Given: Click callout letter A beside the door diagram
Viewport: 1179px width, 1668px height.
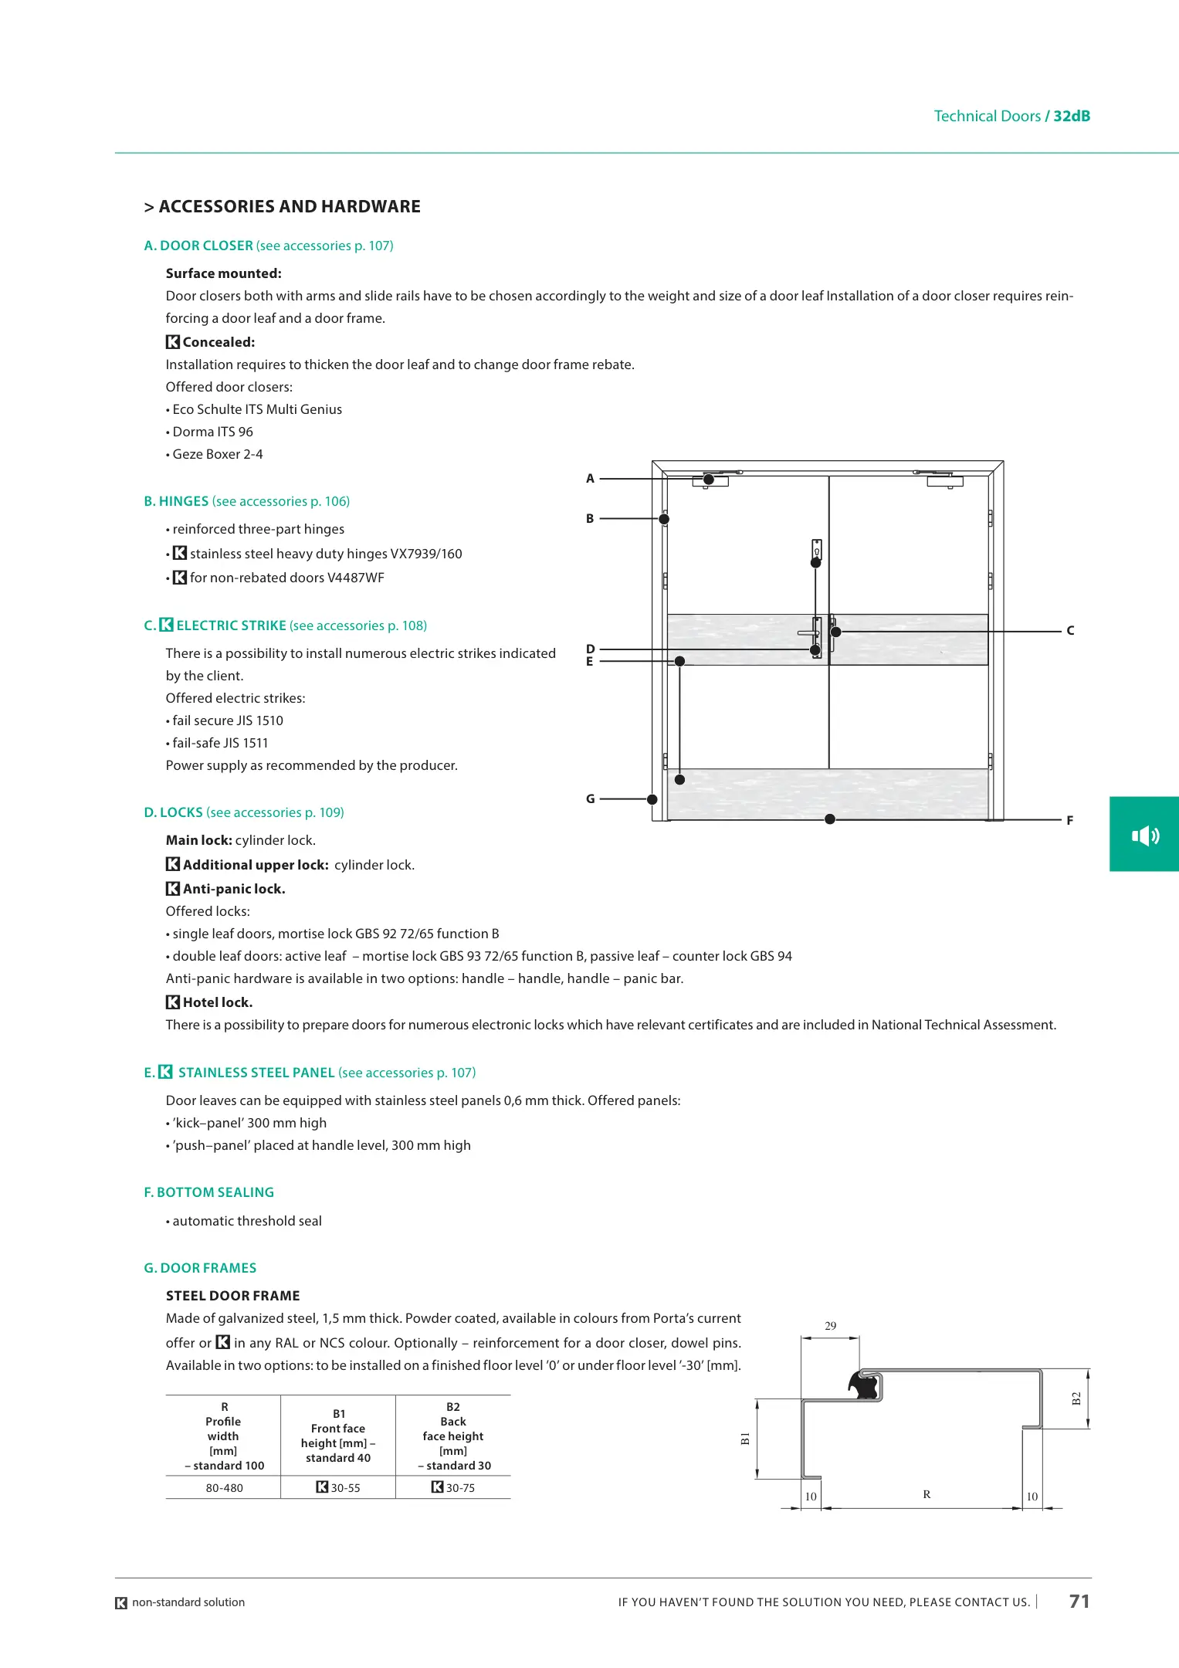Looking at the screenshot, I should coord(591,479).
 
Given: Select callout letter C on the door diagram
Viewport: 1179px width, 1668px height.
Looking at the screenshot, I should coord(1070,631).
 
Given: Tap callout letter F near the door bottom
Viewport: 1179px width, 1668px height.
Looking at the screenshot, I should coord(1069,821).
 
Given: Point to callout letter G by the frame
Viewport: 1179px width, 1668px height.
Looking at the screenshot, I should coord(591,799).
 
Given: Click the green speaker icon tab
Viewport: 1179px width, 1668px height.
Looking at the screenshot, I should coord(1145,835).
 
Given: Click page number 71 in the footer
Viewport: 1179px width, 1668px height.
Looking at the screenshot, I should coord(1079,1602).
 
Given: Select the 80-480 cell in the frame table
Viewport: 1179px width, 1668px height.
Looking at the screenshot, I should coord(224,1488).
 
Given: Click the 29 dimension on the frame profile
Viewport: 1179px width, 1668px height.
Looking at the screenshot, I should coord(831,1326).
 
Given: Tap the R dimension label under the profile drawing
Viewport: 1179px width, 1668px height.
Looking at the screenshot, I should coord(927,1495).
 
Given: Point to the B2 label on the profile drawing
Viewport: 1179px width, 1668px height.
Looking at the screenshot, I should coord(1076,1399).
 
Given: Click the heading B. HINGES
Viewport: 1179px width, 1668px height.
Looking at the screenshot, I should coord(176,501).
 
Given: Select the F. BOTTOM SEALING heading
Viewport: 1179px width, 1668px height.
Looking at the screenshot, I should coord(209,1192).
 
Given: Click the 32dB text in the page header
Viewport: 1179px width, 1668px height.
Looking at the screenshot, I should coord(1072,116).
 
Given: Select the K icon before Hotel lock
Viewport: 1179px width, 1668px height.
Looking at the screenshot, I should coord(173,1002).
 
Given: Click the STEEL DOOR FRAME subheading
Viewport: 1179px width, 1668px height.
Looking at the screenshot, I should coord(232,1296).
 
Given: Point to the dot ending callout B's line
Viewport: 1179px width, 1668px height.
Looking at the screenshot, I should coord(664,519).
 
